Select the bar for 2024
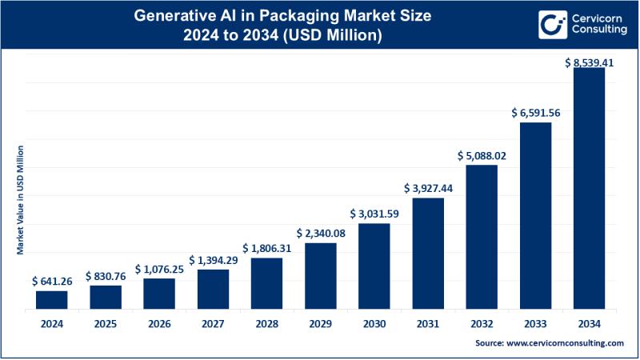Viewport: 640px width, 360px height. click(51, 299)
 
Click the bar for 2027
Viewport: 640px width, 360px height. click(213, 289)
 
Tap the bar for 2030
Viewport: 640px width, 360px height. click(374, 266)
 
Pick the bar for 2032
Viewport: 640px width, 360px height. click(482, 237)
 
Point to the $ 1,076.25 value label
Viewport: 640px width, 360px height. click(159, 270)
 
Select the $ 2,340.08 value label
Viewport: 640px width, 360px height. click(321, 234)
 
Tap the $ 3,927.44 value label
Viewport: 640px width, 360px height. click(428, 189)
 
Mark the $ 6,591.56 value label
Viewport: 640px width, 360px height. click(536, 114)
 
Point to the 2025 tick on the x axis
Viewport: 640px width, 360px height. click(105, 323)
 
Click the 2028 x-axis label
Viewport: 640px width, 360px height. click(266, 323)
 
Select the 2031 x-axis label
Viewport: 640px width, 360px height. click(428, 323)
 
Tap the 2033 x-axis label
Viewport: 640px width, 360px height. click(536, 323)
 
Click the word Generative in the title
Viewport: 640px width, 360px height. click(178, 14)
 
